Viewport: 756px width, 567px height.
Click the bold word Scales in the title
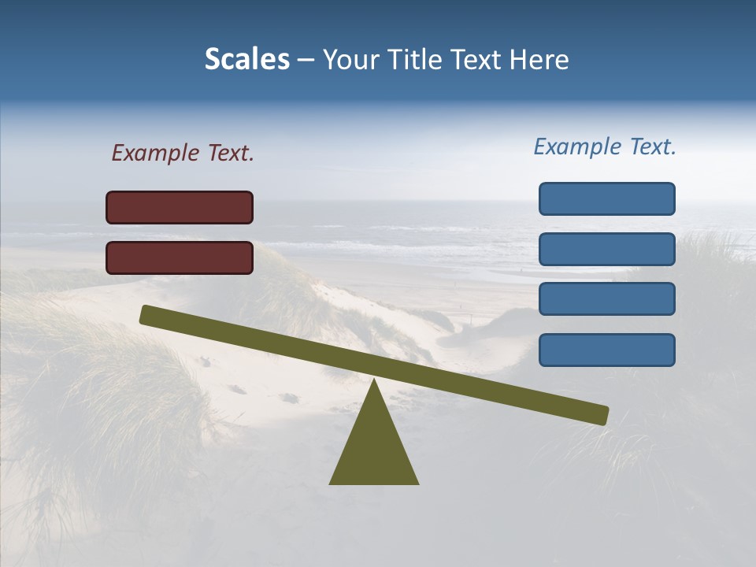tap(246, 60)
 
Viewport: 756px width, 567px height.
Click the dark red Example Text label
tap(183, 153)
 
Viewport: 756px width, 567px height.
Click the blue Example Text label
tap(605, 146)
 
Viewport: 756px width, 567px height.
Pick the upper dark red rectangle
tap(180, 207)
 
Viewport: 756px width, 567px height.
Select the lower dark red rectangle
tap(180, 258)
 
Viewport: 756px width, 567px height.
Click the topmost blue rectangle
tap(607, 198)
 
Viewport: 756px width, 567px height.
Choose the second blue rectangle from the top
tap(607, 249)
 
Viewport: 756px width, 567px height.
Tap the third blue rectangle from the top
tap(607, 299)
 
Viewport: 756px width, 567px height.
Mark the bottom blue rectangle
tap(607, 350)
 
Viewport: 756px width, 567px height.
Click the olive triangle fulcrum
tap(374, 449)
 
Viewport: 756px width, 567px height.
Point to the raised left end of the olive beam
tap(146, 315)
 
